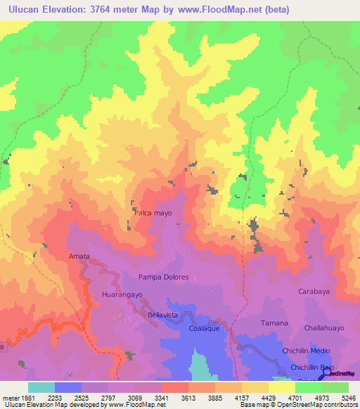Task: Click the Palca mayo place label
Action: [153, 212]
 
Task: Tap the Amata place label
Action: [79, 257]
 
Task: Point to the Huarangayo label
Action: [122, 295]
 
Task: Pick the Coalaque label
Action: [207, 328]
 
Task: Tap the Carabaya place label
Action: [314, 291]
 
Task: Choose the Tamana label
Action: [274, 323]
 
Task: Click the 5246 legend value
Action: [349, 397]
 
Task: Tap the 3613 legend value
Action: [188, 397]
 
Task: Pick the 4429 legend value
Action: [269, 397]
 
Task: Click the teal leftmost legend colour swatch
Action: [41, 387]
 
